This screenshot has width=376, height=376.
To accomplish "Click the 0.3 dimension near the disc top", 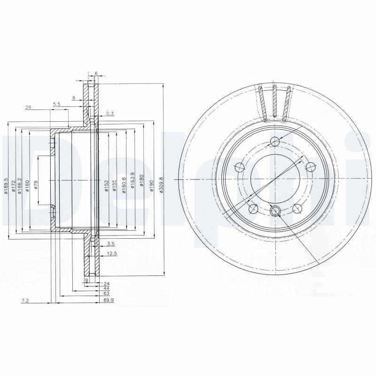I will click(110, 113).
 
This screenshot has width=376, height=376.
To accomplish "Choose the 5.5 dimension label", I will click(56, 103).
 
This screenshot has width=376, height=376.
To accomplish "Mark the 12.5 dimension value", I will click(112, 253).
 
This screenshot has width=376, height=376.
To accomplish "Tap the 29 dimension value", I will click(28, 108).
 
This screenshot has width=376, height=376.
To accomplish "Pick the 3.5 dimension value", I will click(111, 244).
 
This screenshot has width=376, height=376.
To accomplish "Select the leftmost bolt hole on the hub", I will click(239, 166).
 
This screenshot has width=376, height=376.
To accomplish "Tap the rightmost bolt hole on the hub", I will click(311, 166).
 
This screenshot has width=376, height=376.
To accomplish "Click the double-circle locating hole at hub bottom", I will click(275, 211).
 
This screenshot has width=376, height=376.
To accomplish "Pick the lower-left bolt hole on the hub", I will click(253, 209).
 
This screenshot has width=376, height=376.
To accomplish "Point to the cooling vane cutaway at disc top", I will click(274, 102).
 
